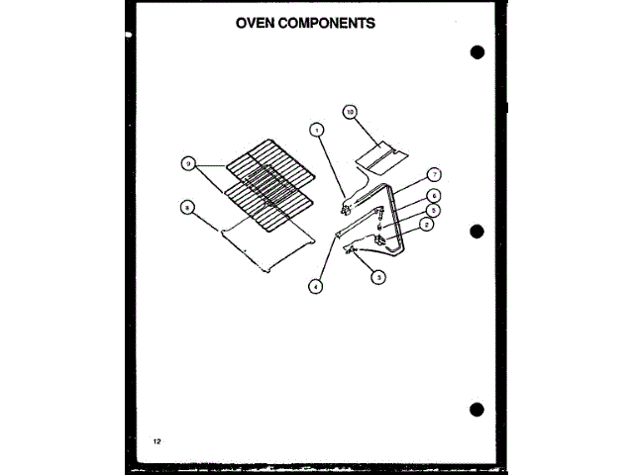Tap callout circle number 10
click(349, 113)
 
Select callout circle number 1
click(315, 129)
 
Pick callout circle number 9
click(186, 163)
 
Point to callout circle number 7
click(434, 174)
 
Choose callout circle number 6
click(434, 196)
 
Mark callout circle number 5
click(434, 211)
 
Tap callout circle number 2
click(426, 226)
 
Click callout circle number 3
click(377, 278)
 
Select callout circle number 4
click(315, 286)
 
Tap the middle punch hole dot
click(477, 232)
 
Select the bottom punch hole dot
click(477, 410)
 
